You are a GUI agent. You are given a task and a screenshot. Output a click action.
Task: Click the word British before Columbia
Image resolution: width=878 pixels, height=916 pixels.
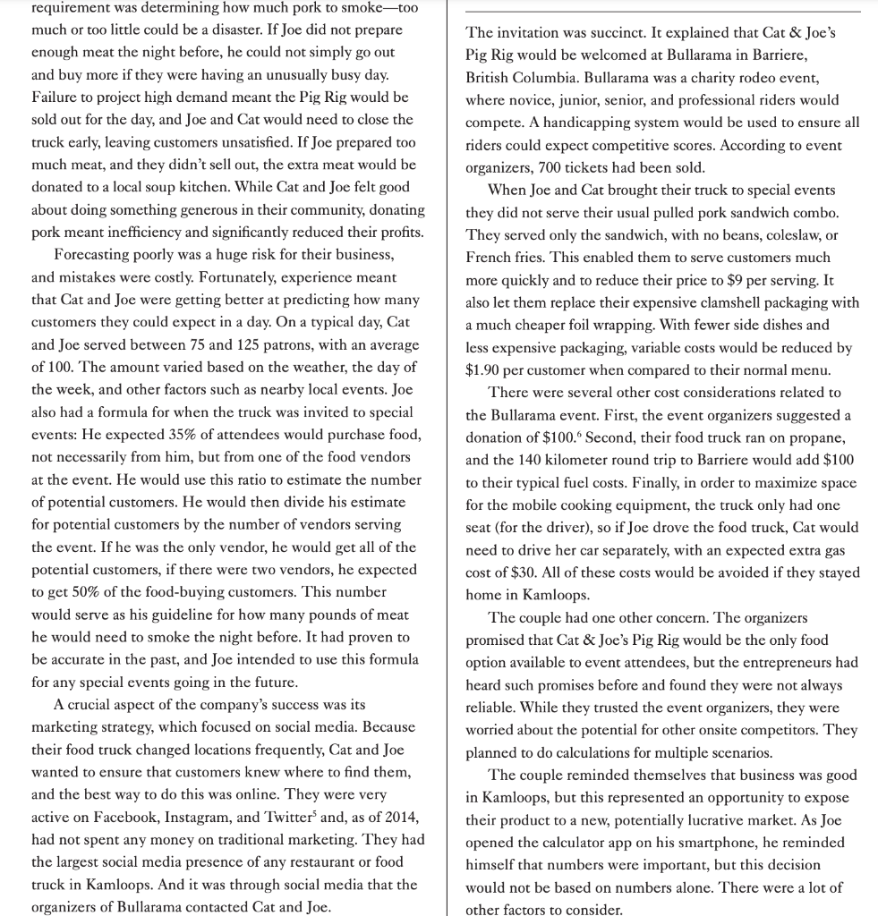(x=490, y=77)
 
